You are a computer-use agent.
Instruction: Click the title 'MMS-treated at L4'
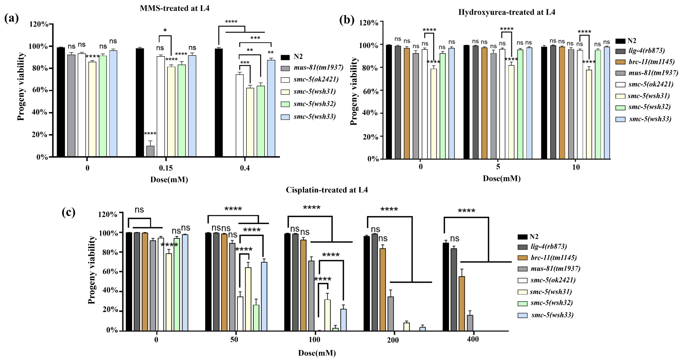174,8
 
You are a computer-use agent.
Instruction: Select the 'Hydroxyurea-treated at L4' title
506,12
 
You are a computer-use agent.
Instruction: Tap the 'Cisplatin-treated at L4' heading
327,190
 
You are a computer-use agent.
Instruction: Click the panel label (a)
11,19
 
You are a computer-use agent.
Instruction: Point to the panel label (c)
68,212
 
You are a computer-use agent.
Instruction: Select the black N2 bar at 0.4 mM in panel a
219,103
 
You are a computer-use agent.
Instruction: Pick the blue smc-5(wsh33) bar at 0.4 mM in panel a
271,108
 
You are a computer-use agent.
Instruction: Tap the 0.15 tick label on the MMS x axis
166,168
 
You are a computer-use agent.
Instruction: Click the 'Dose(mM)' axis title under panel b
501,178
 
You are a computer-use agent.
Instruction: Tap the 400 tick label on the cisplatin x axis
473,339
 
